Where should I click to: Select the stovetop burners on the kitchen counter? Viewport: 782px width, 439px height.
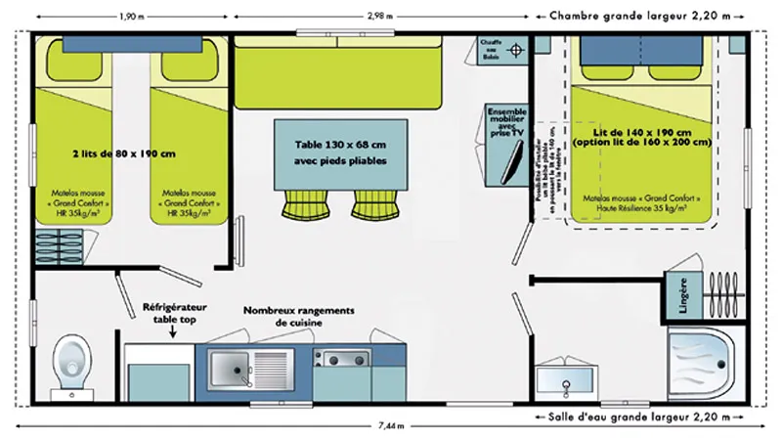coord(342,357)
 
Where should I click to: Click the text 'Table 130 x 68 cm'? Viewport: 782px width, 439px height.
coord(341,143)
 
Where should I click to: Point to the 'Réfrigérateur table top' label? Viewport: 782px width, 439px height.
coord(174,312)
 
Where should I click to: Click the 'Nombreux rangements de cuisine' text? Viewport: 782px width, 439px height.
coord(300,316)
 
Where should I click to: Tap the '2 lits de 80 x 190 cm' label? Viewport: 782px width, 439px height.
coord(124,153)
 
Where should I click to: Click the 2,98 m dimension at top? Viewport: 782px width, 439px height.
coord(384,16)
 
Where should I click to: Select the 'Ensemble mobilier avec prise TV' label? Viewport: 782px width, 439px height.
coord(506,121)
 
